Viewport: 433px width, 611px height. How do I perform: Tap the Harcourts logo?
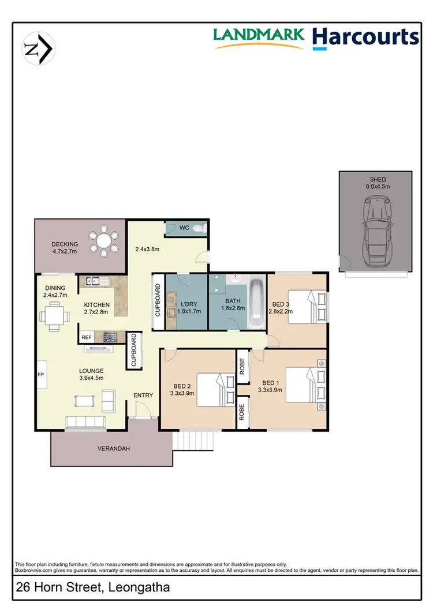point(365,37)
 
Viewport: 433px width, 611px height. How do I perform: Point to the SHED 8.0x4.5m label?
point(375,183)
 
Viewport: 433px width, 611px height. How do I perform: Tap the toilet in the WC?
point(198,228)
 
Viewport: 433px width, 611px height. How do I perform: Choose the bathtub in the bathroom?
point(257,304)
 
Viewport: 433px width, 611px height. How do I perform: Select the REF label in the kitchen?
point(87,337)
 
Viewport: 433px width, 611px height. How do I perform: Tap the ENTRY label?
point(143,395)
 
